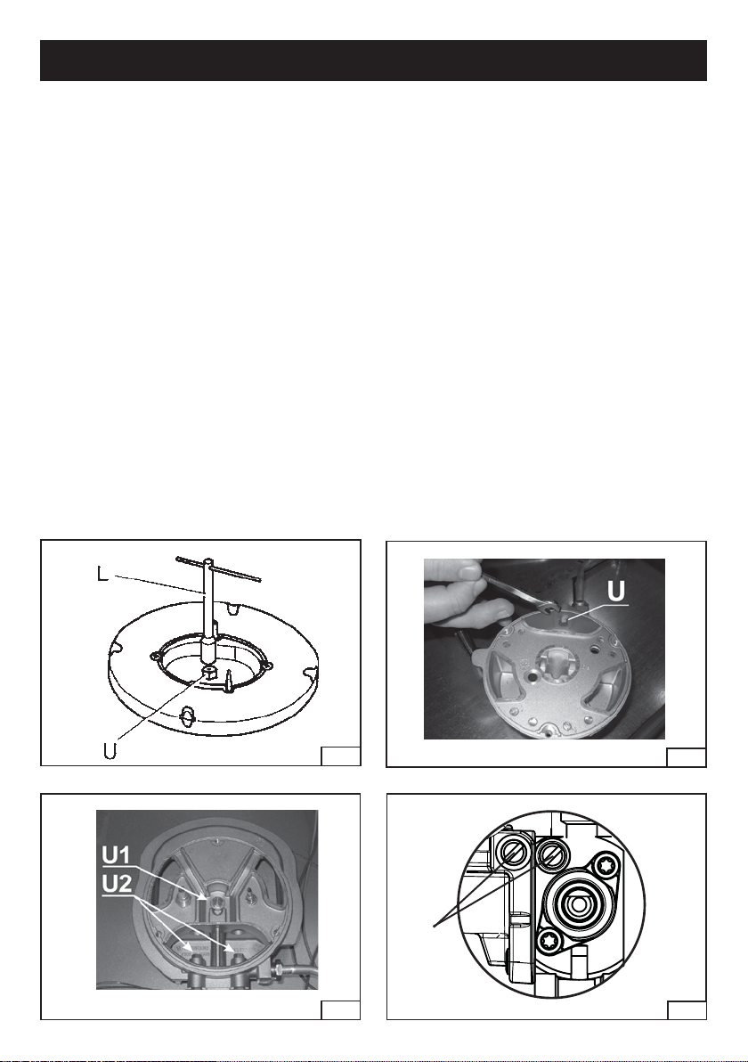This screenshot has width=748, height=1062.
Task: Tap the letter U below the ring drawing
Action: coord(110,750)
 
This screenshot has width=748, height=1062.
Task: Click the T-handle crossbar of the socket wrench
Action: coord(218,568)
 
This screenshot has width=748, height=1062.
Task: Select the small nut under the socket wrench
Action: coord(209,672)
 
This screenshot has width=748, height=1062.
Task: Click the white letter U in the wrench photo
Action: coord(616,591)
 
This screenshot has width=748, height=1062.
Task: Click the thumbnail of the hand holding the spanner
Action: coord(467,571)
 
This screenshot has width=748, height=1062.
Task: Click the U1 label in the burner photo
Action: coord(117,855)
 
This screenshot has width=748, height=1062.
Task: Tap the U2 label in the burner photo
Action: coord(117,884)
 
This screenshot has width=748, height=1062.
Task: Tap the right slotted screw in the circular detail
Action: coord(549,854)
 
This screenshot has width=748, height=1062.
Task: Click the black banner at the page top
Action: coord(374,61)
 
